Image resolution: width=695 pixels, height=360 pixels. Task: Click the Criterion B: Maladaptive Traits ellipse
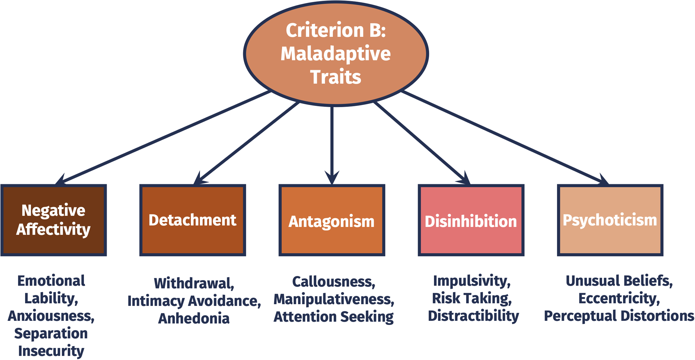pyautogui.click(x=336, y=53)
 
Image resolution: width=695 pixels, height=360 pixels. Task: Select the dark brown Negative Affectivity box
pyautogui.click(x=54, y=220)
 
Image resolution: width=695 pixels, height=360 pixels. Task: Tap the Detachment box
pyautogui.click(x=193, y=220)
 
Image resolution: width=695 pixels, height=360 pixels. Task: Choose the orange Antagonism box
pyautogui.click(x=332, y=220)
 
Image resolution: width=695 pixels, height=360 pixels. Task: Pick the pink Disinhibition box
pyautogui.click(x=471, y=220)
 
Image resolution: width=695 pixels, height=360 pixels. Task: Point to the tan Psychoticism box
pyautogui.click(x=610, y=220)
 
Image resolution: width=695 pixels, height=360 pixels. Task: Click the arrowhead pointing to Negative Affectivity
pyautogui.click(x=61, y=179)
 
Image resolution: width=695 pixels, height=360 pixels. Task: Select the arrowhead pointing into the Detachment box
pyautogui.click(x=200, y=178)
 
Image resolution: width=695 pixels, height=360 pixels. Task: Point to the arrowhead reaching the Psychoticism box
pyautogui.click(x=603, y=179)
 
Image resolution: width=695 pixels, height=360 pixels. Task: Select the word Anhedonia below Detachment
pyautogui.click(x=194, y=318)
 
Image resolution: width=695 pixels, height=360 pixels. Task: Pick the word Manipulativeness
pyautogui.click(x=334, y=299)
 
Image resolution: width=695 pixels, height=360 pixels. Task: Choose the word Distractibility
pyautogui.click(x=474, y=316)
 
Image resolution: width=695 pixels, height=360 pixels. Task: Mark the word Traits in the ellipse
pyautogui.click(x=336, y=77)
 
